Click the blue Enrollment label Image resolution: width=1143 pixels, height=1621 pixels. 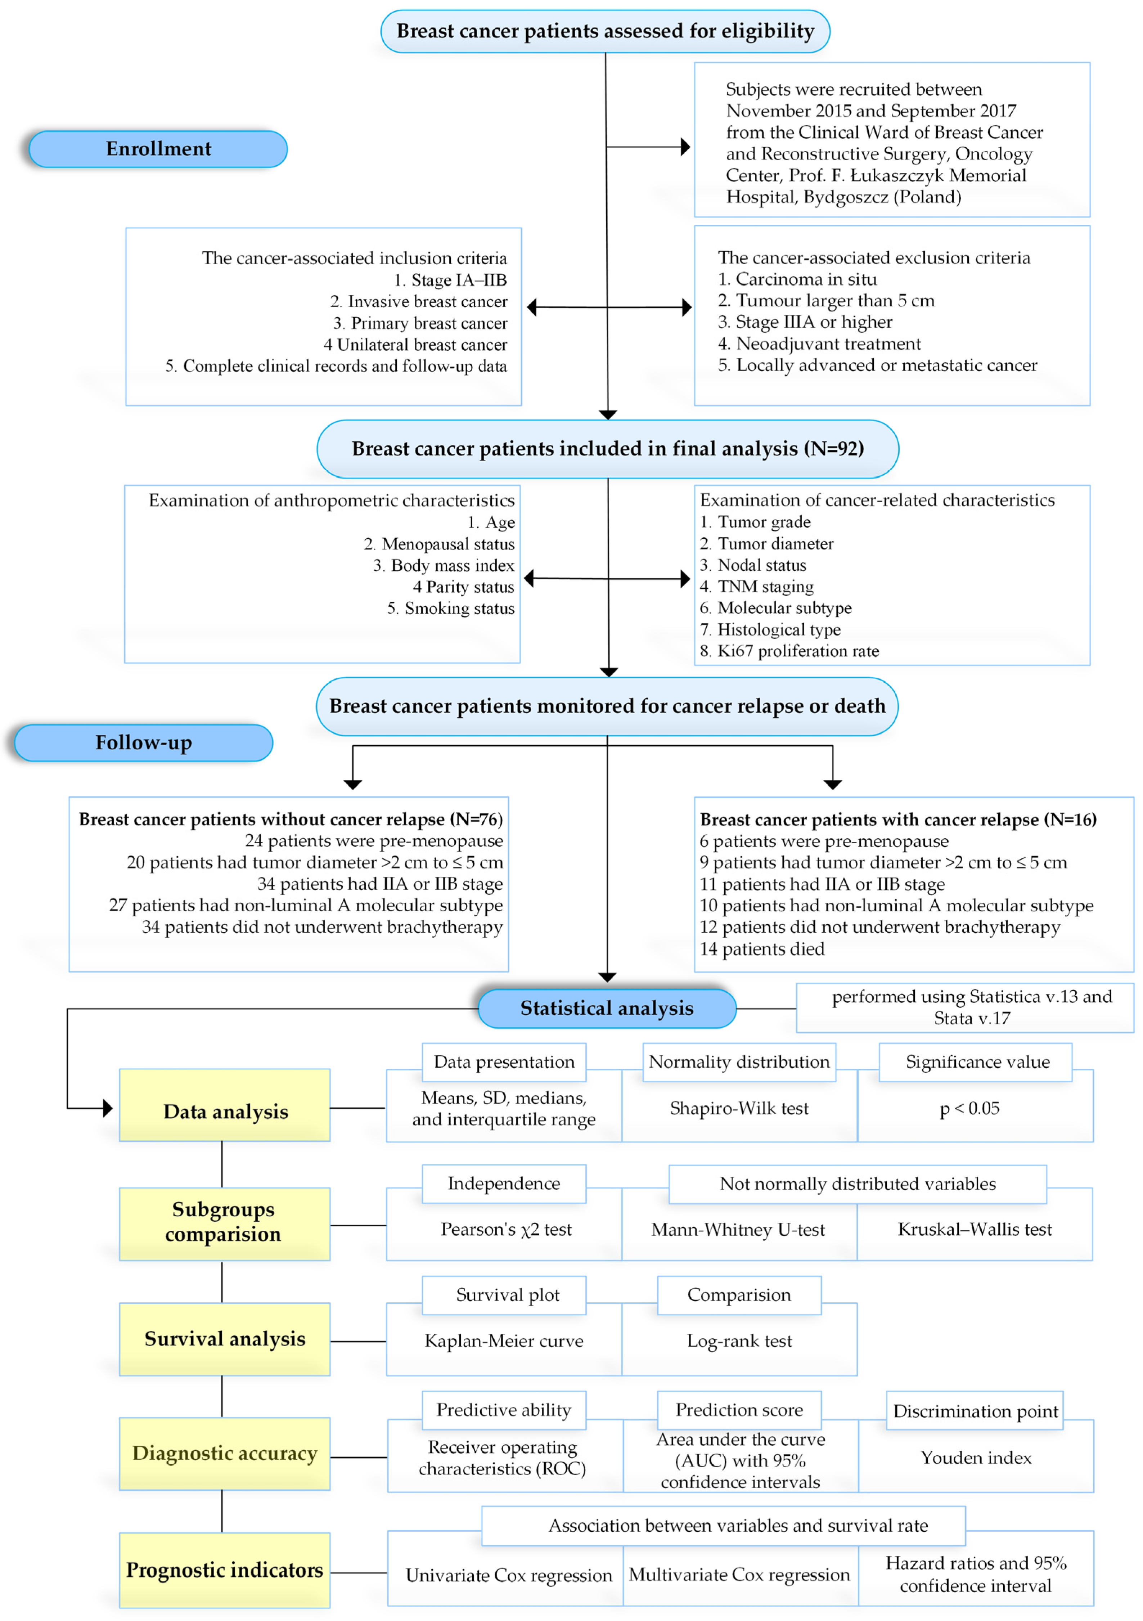pos(158,149)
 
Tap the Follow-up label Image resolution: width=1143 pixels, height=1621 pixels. pos(144,743)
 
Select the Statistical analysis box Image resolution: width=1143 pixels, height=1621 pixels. pos(607,1008)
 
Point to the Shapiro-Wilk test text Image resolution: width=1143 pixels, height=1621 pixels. pos(739,1108)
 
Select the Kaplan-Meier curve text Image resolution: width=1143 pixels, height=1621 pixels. pos(504,1341)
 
